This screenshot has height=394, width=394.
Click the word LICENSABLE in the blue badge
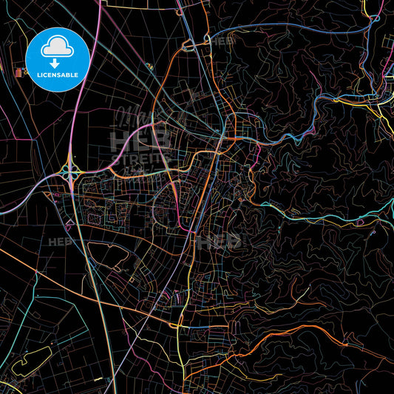pos(58,75)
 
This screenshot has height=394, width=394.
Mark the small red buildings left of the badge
pos(18,72)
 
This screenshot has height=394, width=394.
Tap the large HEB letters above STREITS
pos(140,137)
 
